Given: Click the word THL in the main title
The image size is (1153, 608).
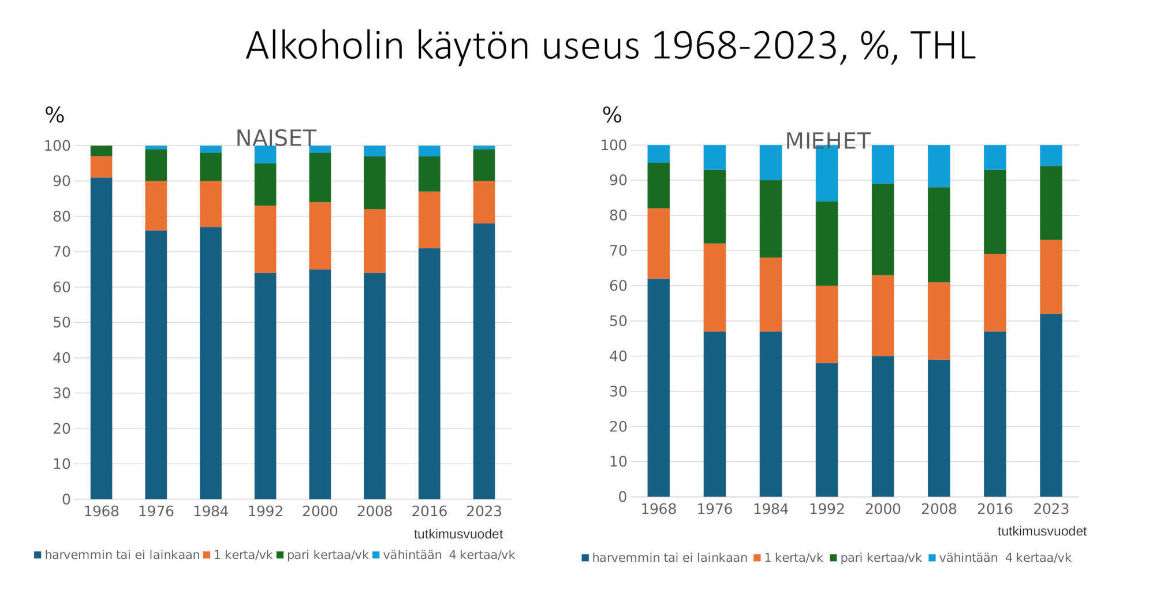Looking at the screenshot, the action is click(943, 46).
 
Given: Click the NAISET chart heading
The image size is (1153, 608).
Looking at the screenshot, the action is click(276, 139).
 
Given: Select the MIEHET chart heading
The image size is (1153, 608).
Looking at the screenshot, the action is click(828, 141).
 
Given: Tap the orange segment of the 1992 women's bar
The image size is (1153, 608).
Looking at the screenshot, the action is click(266, 239).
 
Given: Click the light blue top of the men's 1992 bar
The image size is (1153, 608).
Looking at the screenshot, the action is click(827, 173).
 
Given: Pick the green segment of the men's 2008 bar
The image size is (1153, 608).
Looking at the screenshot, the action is click(939, 234).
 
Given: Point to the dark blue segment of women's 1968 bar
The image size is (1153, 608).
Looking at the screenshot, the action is click(102, 338).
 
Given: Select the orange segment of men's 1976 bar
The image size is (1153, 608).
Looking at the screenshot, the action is click(715, 288).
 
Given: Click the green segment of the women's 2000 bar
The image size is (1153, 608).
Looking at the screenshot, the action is click(320, 177).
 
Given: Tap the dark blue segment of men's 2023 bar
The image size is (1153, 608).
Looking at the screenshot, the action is click(1051, 405).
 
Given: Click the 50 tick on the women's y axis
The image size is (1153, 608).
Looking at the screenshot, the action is click(61, 323).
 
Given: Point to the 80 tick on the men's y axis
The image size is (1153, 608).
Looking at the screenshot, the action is click(618, 215).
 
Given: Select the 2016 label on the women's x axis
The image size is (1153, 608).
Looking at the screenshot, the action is click(429, 511).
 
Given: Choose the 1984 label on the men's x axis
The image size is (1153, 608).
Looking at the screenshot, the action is click(770, 509).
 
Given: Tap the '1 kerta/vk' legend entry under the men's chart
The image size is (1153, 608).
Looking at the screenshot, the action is click(788, 558).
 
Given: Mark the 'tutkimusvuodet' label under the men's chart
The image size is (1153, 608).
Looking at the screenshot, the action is click(1042, 531).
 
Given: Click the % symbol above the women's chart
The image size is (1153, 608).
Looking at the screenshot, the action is click(55, 115).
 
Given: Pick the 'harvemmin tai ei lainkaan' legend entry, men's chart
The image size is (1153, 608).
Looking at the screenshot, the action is click(664, 558).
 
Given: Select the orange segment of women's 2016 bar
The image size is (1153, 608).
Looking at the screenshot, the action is click(429, 220).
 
